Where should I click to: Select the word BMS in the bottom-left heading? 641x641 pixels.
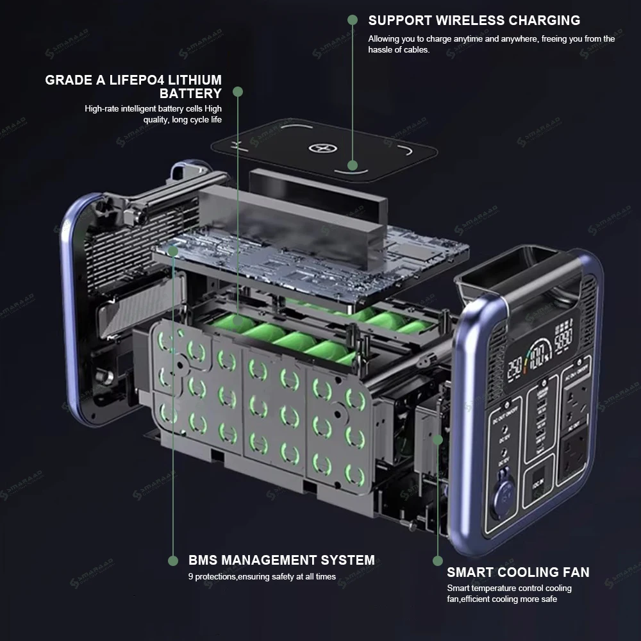pos(204,560)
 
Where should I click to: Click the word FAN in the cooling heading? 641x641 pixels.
pos(574,572)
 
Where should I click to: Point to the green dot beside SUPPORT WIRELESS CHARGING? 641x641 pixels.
pos(352,20)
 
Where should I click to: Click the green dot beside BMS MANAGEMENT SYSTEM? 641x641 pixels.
pos(173,561)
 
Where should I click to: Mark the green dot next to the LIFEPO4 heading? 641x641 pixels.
pos(238,92)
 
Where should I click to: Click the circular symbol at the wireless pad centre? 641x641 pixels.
pos(319,149)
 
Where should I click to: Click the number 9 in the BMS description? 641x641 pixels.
pos(191,576)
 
